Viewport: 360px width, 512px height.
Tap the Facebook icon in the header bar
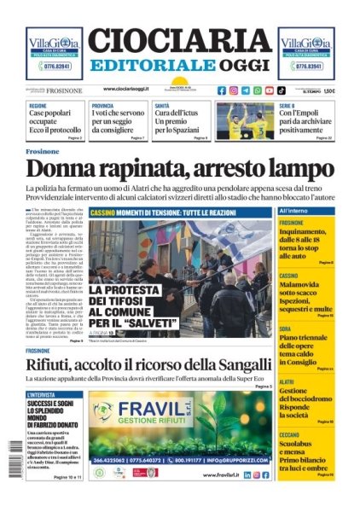tap(222, 90)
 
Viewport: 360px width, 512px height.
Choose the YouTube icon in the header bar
tap(270, 90)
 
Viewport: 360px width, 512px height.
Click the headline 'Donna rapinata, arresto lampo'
tap(179, 168)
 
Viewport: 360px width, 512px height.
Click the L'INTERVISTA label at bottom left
tap(42, 395)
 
